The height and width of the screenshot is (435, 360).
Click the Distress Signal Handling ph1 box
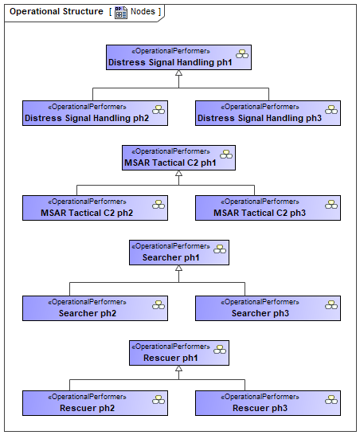click(x=178, y=57)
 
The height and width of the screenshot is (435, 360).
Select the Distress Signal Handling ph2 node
click(x=95, y=113)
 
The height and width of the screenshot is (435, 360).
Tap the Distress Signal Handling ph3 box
click(x=268, y=113)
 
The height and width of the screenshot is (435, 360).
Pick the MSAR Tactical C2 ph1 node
click(x=178, y=158)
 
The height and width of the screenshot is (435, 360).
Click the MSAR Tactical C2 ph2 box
click(x=95, y=208)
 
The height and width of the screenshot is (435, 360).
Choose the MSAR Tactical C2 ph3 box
click(x=268, y=208)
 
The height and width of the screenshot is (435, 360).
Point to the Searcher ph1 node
click(x=179, y=253)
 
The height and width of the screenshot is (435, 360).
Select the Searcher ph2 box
click(x=95, y=308)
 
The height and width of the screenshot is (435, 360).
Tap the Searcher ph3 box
click(x=268, y=308)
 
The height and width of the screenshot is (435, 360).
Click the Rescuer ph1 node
click(x=179, y=353)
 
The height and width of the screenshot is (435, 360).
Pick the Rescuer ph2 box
click(x=95, y=403)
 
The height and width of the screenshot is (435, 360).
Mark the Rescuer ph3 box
click(x=268, y=403)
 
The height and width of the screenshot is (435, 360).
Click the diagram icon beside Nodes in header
click(x=121, y=13)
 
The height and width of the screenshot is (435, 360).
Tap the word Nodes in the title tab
click(x=143, y=11)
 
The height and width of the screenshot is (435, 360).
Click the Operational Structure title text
click(x=57, y=11)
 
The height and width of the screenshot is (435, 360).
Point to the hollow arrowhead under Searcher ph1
click(x=179, y=268)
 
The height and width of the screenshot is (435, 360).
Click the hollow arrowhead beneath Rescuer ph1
click(x=179, y=368)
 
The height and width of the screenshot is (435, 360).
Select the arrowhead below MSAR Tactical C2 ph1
click(x=179, y=173)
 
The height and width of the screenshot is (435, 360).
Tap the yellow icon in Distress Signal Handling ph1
click(x=242, y=54)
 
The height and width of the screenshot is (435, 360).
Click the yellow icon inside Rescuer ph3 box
click(x=331, y=400)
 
